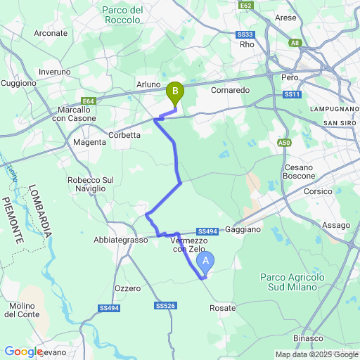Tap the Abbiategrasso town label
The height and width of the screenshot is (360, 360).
(x=120, y=240)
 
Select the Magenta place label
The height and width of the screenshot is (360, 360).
(x=90, y=142)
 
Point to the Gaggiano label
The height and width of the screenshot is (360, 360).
(x=244, y=230)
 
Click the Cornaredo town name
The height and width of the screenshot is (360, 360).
(x=230, y=90)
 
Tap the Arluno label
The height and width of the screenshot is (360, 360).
(x=148, y=84)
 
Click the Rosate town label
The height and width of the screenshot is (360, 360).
(x=223, y=308)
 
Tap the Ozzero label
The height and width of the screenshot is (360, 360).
(x=127, y=288)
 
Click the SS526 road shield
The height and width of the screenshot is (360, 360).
(x=165, y=306)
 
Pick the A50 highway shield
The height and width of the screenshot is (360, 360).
(x=284, y=143)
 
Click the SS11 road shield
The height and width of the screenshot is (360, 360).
(x=292, y=94)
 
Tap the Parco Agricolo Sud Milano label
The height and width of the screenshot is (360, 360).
(x=292, y=283)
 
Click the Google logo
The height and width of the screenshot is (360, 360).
(x=23, y=352)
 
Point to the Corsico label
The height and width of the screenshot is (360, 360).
(x=318, y=191)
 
